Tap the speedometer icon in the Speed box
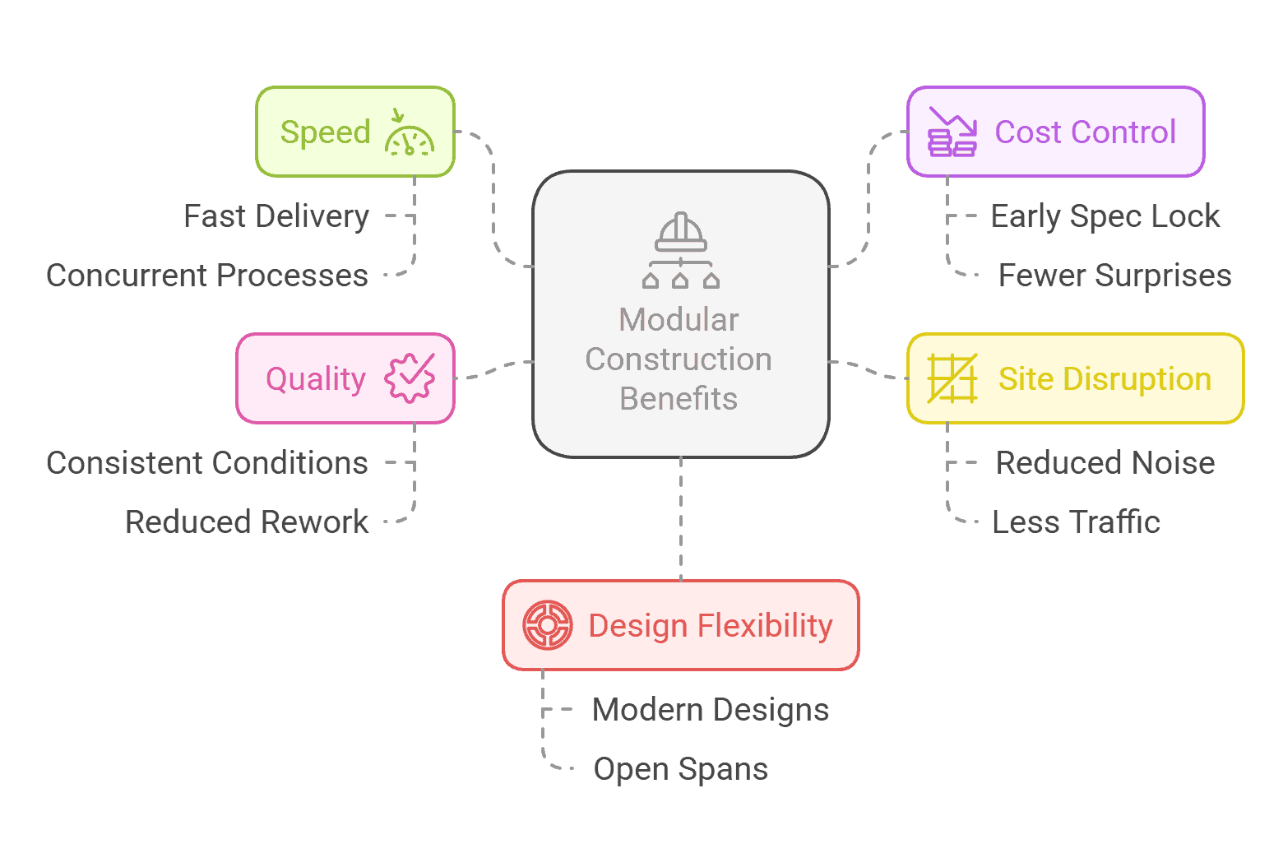(x=409, y=133)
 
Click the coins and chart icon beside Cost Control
(x=952, y=132)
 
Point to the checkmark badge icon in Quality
(x=410, y=378)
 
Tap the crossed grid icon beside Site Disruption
(x=952, y=378)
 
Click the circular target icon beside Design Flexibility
(x=548, y=625)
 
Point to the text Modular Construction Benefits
(x=679, y=359)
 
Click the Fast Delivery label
(x=276, y=216)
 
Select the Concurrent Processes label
(x=207, y=276)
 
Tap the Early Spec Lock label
(x=1105, y=216)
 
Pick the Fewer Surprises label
(x=1114, y=276)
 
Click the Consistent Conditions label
(x=207, y=463)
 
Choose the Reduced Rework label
(x=247, y=522)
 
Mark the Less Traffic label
(x=1076, y=522)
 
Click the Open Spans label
(x=681, y=769)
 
